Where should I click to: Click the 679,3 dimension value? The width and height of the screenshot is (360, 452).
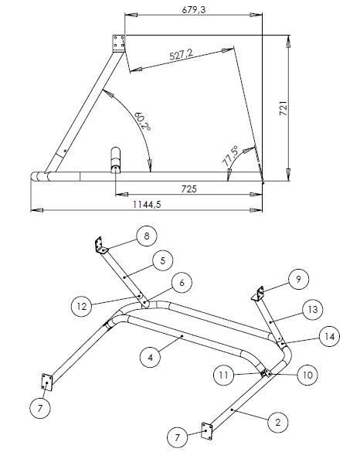click(194, 10)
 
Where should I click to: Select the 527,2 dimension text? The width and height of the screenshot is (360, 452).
click(182, 54)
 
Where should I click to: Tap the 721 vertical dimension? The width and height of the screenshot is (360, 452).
click(284, 108)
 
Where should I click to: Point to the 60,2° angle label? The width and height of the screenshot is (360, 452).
click(142, 121)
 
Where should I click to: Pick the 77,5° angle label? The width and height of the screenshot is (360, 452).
click(231, 156)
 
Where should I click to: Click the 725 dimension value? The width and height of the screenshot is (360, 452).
click(189, 189)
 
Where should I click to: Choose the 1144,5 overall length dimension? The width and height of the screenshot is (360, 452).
click(147, 205)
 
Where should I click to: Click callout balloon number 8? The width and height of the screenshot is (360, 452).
click(147, 236)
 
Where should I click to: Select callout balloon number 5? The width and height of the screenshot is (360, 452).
click(163, 260)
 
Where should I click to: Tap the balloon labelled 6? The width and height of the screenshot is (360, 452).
click(182, 283)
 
